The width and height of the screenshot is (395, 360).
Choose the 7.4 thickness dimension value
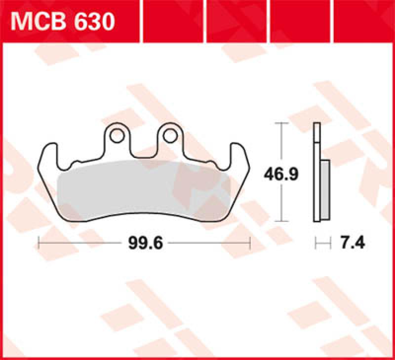pyautogui.click(x=352, y=243)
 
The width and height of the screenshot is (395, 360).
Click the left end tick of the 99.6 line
pyautogui.click(x=39, y=243)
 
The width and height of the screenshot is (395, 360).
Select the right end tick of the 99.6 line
pyautogui.click(x=250, y=243)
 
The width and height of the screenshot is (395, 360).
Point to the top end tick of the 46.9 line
pyautogui.click(x=281, y=123)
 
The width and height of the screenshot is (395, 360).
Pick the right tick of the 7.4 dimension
pyautogui.click(x=329, y=243)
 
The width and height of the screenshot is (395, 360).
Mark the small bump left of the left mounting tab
pyautogui.click(x=76, y=163)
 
